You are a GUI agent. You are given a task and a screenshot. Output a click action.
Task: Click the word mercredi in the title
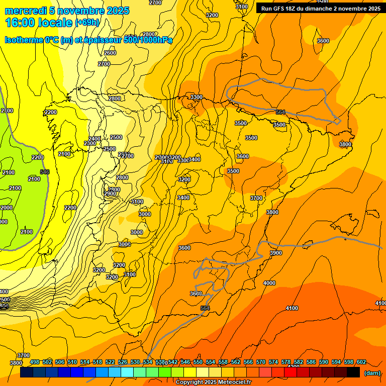coord(25,11)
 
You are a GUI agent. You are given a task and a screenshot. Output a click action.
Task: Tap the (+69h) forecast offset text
coord(87,22)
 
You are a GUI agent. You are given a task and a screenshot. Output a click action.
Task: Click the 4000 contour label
coord(269,283)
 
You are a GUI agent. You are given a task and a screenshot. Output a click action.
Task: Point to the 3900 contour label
coord(276,253)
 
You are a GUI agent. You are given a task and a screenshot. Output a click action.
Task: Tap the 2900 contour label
coord(110,194)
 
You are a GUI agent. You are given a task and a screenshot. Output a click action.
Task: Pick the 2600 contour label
coord(110,53)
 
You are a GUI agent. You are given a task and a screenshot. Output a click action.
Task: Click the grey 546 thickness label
coord(45,172)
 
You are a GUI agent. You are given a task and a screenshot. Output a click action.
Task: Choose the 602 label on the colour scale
coord(361,362)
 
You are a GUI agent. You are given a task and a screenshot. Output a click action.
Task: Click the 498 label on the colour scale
coord(35,362)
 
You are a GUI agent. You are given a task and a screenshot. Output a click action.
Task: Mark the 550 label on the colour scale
coord(198,362)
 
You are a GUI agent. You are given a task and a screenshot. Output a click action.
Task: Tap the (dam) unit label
coord(372,373)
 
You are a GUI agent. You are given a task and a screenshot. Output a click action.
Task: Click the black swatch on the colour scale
coord(353,372)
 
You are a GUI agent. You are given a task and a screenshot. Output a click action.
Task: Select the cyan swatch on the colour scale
coord(127,372)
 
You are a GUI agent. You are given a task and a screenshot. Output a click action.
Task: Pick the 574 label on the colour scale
coord(273,362)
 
